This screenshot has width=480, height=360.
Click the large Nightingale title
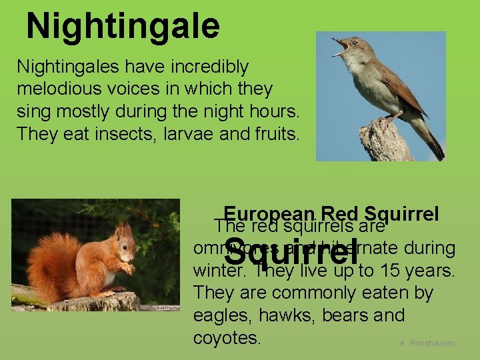pos(123,26)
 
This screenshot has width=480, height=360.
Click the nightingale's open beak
pos(341,46)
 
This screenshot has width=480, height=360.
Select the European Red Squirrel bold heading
pos(331,214)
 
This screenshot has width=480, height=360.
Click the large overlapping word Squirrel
pos(292,252)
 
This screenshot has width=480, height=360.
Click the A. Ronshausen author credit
pos(427,343)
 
